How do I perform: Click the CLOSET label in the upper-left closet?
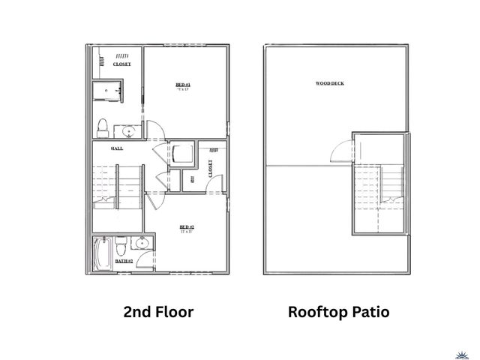pos(121,64)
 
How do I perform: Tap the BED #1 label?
pos(182,86)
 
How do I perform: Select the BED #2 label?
pos(187,228)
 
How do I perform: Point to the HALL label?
pos(117,148)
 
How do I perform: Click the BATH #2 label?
pos(124,261)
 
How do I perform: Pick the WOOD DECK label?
pos(330,82)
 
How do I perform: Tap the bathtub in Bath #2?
pos(103,255)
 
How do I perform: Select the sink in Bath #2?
pos(141,243)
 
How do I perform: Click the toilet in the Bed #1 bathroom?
pos(103,125)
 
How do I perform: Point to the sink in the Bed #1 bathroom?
pos(129,133)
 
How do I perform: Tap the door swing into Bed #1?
pos(152,129)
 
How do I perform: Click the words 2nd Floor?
pos(158,312)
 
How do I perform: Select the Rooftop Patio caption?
pos(338,312)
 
